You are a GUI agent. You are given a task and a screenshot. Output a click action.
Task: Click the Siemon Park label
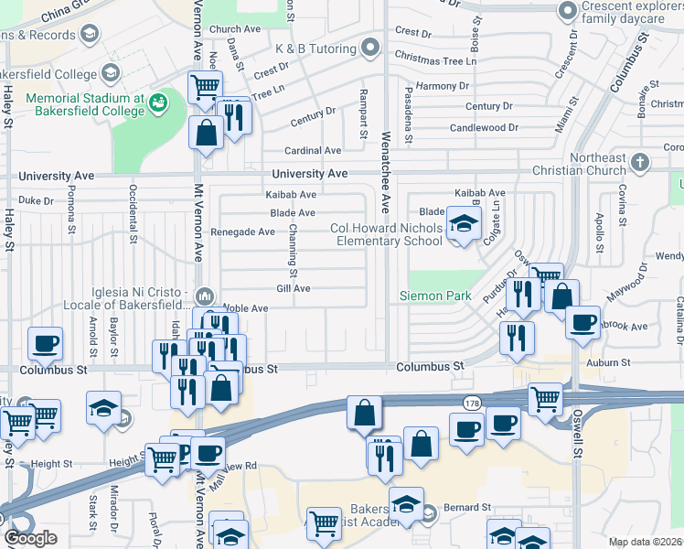[x=435, y=296]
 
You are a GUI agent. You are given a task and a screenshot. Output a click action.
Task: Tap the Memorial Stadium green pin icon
[x=157, y=100]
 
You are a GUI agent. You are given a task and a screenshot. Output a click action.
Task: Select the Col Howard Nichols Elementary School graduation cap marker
[x=464, y=225]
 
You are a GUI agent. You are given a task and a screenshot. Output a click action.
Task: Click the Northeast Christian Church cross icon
[x=640, y=163]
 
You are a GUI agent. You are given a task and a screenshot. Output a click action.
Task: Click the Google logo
[x=30, y=538]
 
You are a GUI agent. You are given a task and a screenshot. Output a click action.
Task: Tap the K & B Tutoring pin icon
[x=369, y=47]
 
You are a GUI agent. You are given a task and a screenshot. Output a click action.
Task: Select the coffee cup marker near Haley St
[x=45, y=345]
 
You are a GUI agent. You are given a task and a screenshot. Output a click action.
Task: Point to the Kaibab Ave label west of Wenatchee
[x=291, y=195]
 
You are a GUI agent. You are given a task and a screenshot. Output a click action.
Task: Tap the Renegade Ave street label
[x=242, y=232]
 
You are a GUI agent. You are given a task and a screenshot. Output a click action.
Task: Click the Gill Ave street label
[x=294, y=288]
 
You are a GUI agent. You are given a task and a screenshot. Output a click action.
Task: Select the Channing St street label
[x=294, y=251]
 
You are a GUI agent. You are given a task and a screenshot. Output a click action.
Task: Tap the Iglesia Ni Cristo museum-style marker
[x=204, y=296]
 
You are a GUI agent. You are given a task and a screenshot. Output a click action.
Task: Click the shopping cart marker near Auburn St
[x=545, y=398]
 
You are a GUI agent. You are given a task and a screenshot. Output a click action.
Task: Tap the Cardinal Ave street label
[x=313, y=151]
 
